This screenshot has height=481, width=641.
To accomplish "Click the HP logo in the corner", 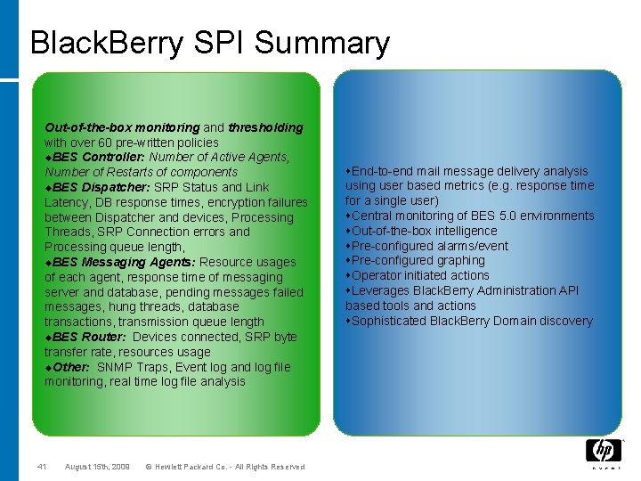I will click(x=603, y=451).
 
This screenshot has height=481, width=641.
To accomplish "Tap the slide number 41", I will click(x=41, y=467).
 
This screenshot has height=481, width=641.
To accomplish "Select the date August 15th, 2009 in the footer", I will click(x=97, y=467).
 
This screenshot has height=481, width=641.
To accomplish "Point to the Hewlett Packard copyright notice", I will click(x=224, y=467).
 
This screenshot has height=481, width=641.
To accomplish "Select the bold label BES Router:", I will click(x=89, y=337).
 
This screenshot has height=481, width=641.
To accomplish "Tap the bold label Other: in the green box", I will click(x=72, y=367).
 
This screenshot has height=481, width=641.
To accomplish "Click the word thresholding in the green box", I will click(x=265, y=127).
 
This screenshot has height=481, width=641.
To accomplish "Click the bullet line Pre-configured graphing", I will click(x=418, y=260).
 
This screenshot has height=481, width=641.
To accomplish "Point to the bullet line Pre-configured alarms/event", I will click(x=429, y=246).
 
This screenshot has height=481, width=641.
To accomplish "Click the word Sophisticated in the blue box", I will click(x=389, y=321).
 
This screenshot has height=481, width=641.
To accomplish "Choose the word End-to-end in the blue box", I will click(x=384, y=170).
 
